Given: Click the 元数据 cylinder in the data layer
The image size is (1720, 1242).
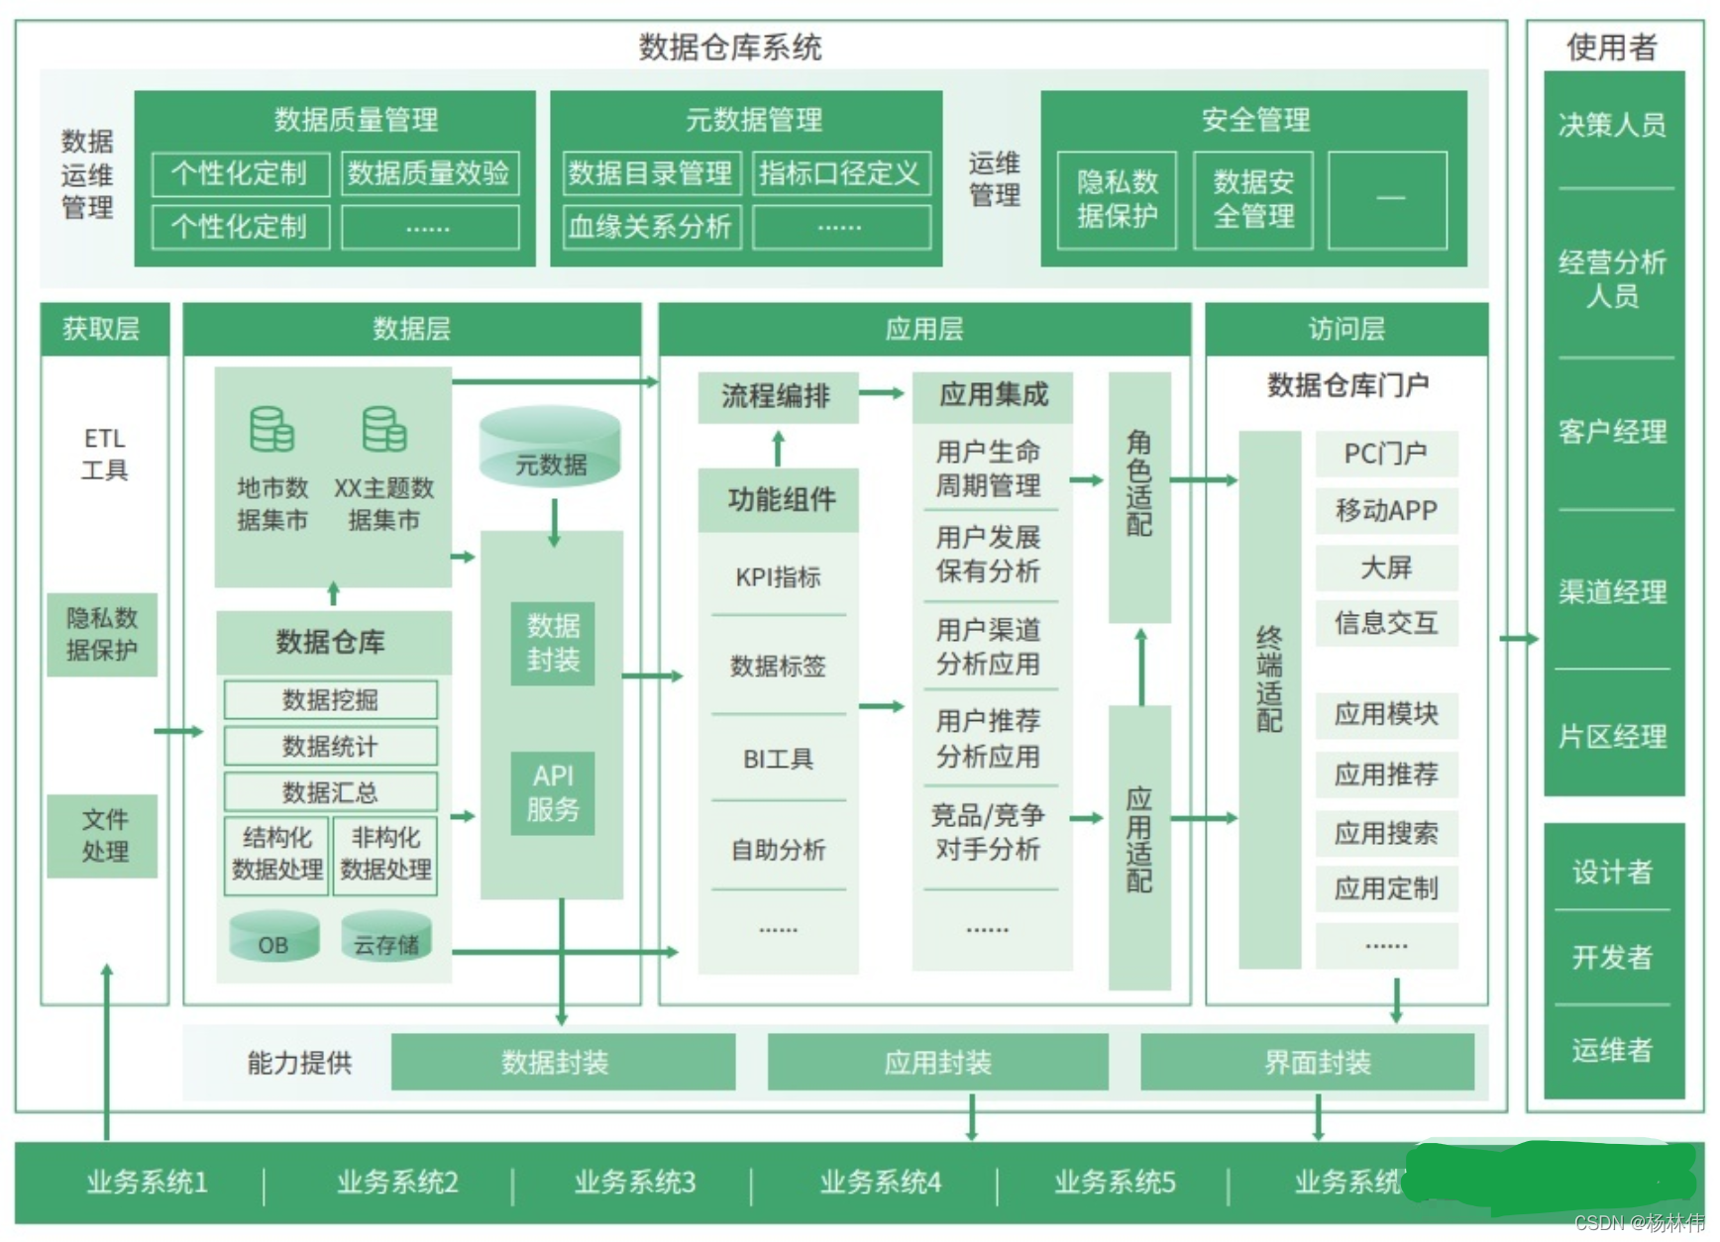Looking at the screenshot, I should tap(550, 448).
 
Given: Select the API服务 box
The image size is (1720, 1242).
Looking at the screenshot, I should tap(553, 792).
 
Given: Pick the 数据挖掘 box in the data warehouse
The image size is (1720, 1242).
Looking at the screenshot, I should tap(330, 699).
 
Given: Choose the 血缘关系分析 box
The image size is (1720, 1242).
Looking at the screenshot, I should tap(650, 227).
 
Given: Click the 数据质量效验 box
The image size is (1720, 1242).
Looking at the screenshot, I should tap(429, 173).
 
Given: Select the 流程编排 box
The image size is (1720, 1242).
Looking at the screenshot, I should tap(777, 396).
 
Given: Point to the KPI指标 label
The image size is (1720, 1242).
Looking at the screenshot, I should tap(778, 576).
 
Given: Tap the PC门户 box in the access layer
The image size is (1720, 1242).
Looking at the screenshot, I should tap(1386, 454).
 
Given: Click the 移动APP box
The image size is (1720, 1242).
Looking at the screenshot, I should tap(1386, 510).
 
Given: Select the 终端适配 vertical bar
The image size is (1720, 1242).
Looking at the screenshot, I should tap(1269, 698).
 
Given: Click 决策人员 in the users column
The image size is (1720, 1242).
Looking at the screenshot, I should tap(1612, 125).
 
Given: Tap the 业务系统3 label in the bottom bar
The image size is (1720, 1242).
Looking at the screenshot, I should tap(635, 1182).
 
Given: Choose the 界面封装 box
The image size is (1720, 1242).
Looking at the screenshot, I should tap(1317, 1063).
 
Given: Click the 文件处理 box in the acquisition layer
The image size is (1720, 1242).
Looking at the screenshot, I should tap(103, 835).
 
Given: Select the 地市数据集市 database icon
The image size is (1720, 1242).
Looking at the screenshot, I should tap(271, 430).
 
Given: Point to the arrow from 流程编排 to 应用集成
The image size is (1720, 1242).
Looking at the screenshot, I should tap(882, 393).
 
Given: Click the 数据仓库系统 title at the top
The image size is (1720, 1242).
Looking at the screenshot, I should tap(730, 47).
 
